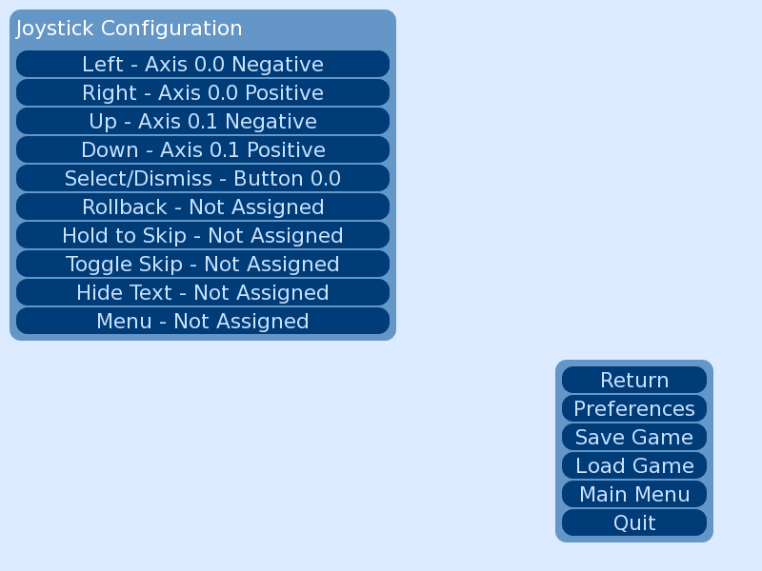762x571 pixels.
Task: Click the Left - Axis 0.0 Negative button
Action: click(x=203, y=64)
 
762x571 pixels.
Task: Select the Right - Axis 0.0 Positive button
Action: click(x=203, y=92)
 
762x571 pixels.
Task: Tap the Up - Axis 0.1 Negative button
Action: click(x=203, y=122)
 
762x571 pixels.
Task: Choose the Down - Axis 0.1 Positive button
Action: click(x=203, y=149)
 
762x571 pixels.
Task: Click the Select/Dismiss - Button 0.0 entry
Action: click(x=203, y=178)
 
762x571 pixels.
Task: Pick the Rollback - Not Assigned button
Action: click(x=203, y=207)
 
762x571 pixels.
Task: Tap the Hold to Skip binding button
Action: click(x=203, y=235)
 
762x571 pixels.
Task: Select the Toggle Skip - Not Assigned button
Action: click(x=203, y=265)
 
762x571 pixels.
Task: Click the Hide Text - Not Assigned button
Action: click(x=203, y=292)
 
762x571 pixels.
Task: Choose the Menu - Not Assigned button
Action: click(x=203, y=321)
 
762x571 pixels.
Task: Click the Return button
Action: click(x=634, y=380)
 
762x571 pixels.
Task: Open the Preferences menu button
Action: click(x=634, y=408)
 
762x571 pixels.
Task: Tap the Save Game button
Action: click(x=634, y=437)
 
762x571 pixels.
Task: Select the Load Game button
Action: click(x=634, y=465)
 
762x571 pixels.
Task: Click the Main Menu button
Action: click(x=634, y=494)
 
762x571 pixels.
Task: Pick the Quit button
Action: click(x=634, y=522)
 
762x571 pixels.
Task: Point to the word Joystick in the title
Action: click(x=54, y=29)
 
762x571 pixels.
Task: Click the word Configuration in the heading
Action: click(x=171, y=29)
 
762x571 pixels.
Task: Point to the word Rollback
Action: click(x=125, y=207)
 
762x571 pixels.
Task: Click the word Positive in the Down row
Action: click(x=287, y=150)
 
